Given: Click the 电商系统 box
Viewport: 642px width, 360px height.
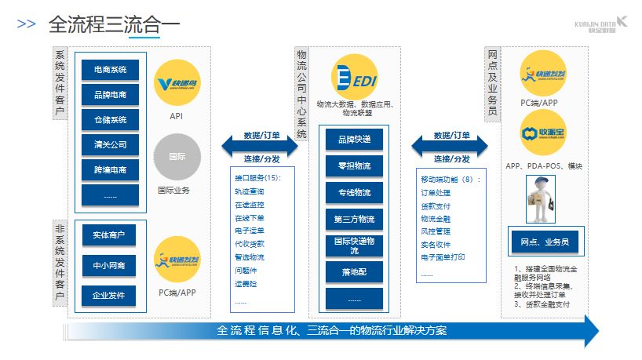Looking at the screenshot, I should pos(110,70).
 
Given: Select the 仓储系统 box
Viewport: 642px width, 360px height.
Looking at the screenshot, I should pos(110,119).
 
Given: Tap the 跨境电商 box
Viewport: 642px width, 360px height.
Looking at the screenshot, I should pos(110,169).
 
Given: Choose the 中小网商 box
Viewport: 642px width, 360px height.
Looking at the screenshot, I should pos(110,265).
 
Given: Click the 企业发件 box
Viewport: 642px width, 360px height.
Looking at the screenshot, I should pos(110,294).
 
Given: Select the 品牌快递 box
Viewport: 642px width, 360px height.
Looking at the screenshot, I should pos(355,139).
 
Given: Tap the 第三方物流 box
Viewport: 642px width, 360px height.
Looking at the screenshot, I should pos(355,219).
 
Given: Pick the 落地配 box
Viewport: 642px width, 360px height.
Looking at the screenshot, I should pos(355,271).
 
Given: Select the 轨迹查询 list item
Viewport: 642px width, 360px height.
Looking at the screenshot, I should pos(250,191).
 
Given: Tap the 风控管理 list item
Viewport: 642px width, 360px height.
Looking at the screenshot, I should pos(436,231).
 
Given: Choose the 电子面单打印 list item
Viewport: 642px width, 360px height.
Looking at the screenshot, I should pos(443,257).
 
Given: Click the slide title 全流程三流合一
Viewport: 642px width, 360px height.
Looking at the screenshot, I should pos(114,24).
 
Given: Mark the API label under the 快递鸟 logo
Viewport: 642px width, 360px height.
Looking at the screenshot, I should pos(176,116).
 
